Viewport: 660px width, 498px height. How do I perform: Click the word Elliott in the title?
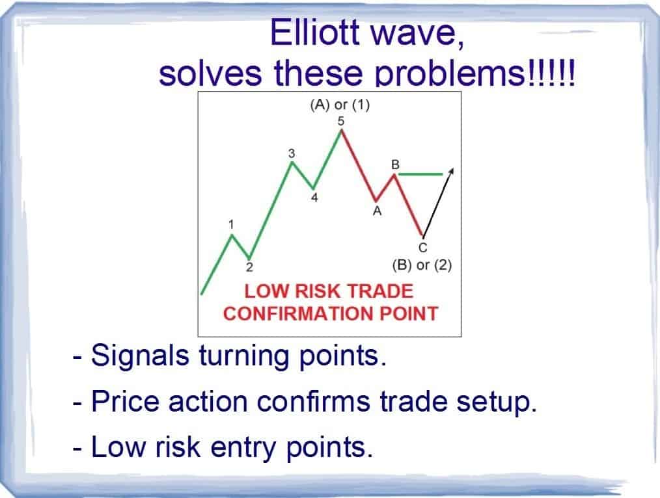point(315,33)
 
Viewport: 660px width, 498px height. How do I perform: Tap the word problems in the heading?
point(450,73)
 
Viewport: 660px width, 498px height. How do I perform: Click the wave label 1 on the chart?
point(231,224)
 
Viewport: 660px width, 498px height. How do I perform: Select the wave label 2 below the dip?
point(249,267)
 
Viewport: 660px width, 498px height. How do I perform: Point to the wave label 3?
point(292,154)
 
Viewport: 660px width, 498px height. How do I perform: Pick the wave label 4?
point(314,198)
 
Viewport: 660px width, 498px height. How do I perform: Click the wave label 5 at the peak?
point(341,122)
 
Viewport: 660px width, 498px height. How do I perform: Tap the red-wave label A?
point(377,211)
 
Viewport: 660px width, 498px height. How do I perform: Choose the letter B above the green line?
point(395,164)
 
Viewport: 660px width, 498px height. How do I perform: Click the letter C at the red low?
point(423,248)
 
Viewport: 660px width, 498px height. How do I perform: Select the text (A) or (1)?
point(340,105)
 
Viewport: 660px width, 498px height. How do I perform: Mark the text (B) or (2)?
point(422,265)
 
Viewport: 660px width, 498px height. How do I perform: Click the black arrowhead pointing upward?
point(451,170)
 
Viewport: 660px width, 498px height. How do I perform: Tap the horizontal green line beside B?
point(420,174)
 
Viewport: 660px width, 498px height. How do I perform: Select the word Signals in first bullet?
point(140,356)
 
